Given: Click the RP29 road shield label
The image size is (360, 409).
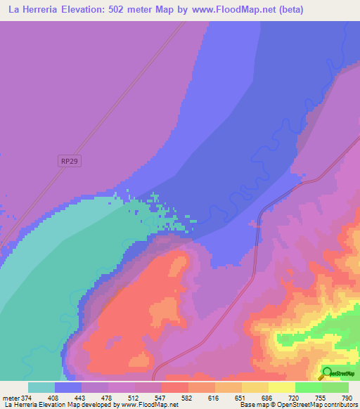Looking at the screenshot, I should pyautogui.click(x=68, y=161).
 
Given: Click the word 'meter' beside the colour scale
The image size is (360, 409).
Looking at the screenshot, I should pyautogui.click(x=9, y=398).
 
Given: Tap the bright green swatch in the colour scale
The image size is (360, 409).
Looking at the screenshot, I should pyautogui.click(x=308, y=387).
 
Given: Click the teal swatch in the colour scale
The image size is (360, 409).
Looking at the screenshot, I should pyautogui.click(x=41, y=387).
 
